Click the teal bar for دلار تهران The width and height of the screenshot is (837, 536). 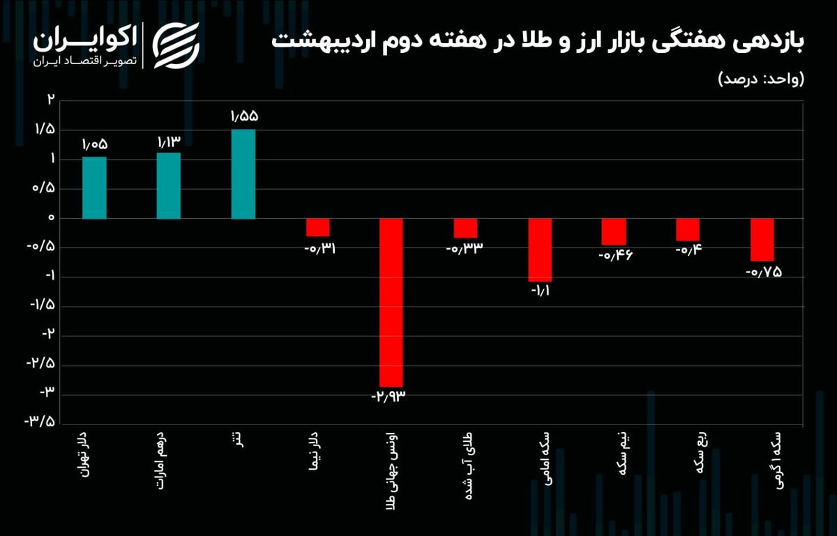coord(94,187)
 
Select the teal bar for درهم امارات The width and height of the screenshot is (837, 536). coord(169,185)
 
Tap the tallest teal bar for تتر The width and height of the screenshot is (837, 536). coord(243,174)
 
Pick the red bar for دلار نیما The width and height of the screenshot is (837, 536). coord(317,227)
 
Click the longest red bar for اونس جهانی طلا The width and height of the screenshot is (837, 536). coord(391,303)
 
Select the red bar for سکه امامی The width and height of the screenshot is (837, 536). coord(539,250)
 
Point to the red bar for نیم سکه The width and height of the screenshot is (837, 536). coord(614,232)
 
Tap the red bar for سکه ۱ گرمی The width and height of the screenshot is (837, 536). coord(762,240)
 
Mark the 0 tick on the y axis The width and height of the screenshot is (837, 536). coord(50,218)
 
